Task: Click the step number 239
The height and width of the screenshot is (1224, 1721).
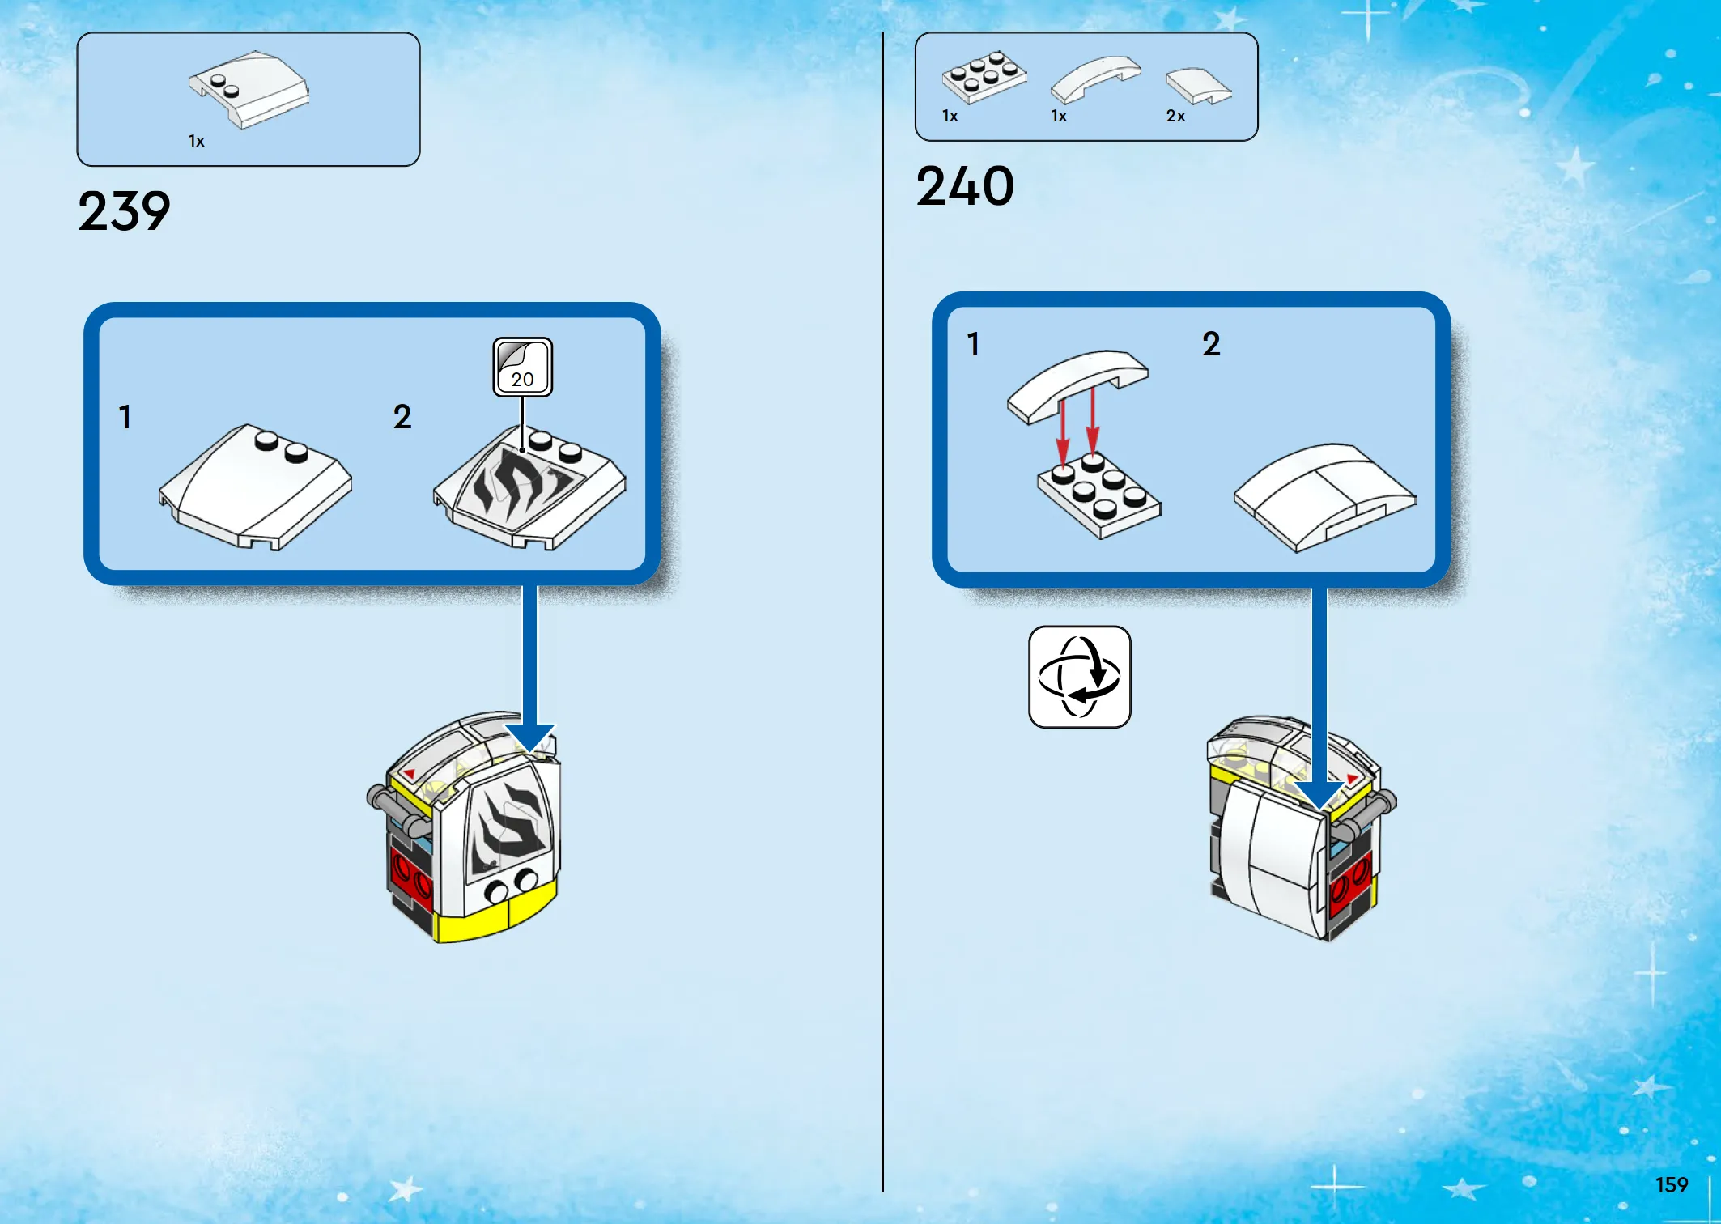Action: pyautogui.click(x=124, y=211)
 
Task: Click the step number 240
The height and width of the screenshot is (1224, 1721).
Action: pyautogui.click(x=965, y=186)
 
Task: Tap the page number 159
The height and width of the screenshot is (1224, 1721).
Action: pyautogui.click(x=1672, y=1185)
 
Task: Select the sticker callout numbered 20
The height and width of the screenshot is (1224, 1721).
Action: pyautogui.click(x=523, y=368)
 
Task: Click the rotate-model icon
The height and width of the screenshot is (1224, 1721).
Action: pyautogui.click(x=1079, y=677)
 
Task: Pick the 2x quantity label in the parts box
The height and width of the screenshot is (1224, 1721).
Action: pyautogui.click(x=1175, y=117)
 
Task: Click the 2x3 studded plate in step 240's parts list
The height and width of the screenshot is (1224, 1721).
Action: pyautogui.click(x=984, y=76)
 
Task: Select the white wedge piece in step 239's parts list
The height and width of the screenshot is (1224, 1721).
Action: pyautogui.click(x=249, y=89)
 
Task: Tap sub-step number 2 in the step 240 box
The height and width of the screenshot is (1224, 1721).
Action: pyautogui.click(x=1211, y=344)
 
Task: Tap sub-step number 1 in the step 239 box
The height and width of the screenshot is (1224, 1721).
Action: pyautogui.click(x=125, y=417)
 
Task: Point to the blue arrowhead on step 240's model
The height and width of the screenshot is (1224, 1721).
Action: pyautogui.click(x=1319, y=794)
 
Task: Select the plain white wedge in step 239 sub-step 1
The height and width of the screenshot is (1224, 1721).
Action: pyautogui.click(x=255, y=487)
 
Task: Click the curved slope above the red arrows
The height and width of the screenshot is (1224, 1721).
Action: pyautogui.click(x=1077, y=385)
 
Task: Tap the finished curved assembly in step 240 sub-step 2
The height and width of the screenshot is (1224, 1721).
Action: pyautogui.click(x=1324, y=496)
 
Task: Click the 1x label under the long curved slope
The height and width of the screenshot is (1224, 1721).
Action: pyautogui.click(x=1059, y=117)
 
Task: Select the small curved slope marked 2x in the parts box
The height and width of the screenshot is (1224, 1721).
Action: pyautogui.click(x=1199, y=86)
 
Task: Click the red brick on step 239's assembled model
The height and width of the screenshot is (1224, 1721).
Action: pyautogui.click(x=410, y=872)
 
